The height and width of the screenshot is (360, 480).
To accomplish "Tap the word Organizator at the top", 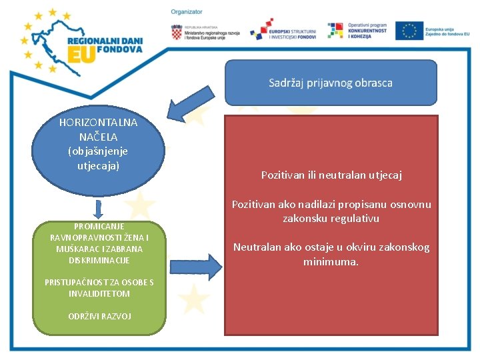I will (x=187, y=12).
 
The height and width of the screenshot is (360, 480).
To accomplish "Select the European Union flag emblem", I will (x=409, y=31).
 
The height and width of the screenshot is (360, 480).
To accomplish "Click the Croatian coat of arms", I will (x=177, y=31).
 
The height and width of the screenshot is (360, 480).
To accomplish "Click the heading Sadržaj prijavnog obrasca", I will (x=331, y=83).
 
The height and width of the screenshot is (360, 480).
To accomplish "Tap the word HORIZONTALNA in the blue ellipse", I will (x=98, y=123).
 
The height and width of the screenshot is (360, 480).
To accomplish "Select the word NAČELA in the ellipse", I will (x=98, y=137).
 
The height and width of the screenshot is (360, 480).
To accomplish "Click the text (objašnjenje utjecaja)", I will (x=98, y=158).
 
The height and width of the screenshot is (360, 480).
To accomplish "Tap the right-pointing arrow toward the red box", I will (x=196, y=267).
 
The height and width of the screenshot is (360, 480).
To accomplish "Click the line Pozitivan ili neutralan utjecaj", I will (x=331, y=175).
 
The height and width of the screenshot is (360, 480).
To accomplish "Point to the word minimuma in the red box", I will (x=331, y=262).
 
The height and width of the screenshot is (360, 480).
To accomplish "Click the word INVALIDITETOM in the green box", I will (x=99, y=293).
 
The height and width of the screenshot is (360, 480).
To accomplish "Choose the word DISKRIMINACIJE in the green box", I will (x=99, y=260).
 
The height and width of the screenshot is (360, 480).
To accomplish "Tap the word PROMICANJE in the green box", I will (x=99, y=226).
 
